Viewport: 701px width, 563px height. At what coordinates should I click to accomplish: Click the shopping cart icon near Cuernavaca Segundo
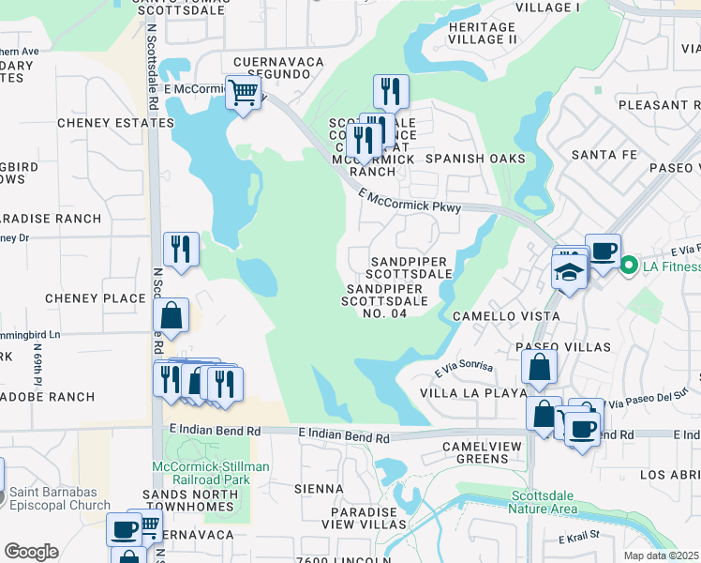(x=243, y=93)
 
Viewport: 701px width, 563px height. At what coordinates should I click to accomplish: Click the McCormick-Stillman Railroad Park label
(x=211, y=473)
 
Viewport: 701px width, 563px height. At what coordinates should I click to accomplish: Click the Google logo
(x=31, y=552)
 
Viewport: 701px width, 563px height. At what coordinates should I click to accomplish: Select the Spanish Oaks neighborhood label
(x=475, y=159)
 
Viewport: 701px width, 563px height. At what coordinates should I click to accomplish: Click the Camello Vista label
(x=506, y=317)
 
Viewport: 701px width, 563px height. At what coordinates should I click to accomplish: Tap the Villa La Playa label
(x=473, y=393)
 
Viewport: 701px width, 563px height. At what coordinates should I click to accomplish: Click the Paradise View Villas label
(x=380, y=520)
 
